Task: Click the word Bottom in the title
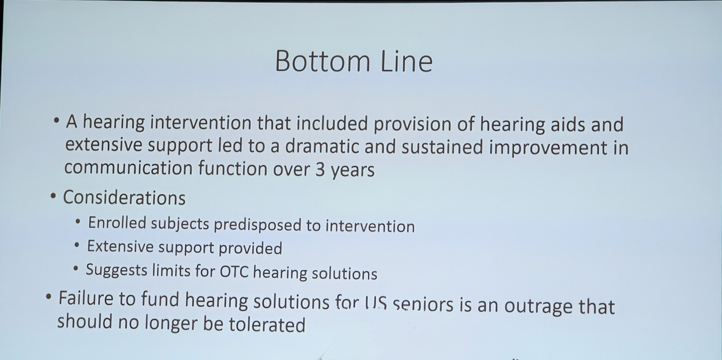pos(323,61)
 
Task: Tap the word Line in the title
pos(406,61)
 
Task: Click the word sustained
pos(442,147)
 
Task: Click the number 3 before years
pos(320,170)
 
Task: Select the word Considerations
pos(124,198)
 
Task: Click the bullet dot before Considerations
pos(53,197)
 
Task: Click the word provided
pos(250,248)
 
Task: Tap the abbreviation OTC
pos(234,271)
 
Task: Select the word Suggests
pos(117,270)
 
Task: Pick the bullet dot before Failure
pos(49,298)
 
